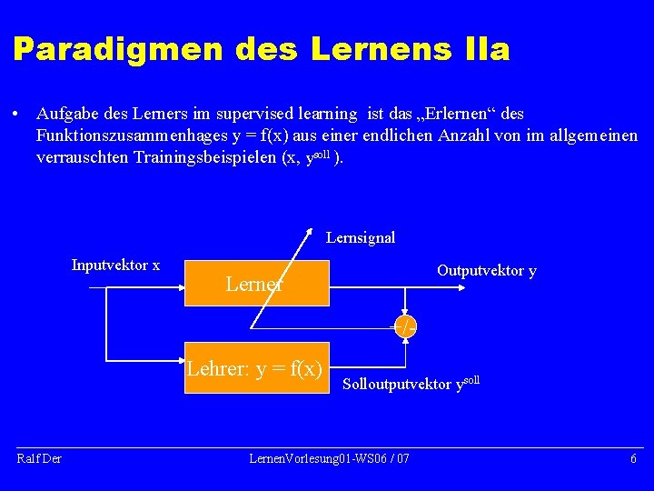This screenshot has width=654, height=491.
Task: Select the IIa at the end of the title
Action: pos(486,49)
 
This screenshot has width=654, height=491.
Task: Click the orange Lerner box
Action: pos(256,285)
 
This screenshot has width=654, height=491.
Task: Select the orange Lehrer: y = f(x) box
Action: pos(255,368)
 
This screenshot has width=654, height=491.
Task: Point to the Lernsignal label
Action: pos(361,238)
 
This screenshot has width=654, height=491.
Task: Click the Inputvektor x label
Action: pos(115,266)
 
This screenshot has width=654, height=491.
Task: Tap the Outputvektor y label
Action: pos(486,271)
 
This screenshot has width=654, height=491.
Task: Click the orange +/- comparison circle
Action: pos(405,327)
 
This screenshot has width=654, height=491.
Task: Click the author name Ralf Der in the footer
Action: pos(39,458)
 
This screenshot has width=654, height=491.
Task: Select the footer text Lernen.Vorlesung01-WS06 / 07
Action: pos(329,458)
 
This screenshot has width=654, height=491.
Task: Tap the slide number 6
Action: pos(633,458)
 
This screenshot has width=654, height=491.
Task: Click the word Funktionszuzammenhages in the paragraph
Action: pos(116,135)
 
